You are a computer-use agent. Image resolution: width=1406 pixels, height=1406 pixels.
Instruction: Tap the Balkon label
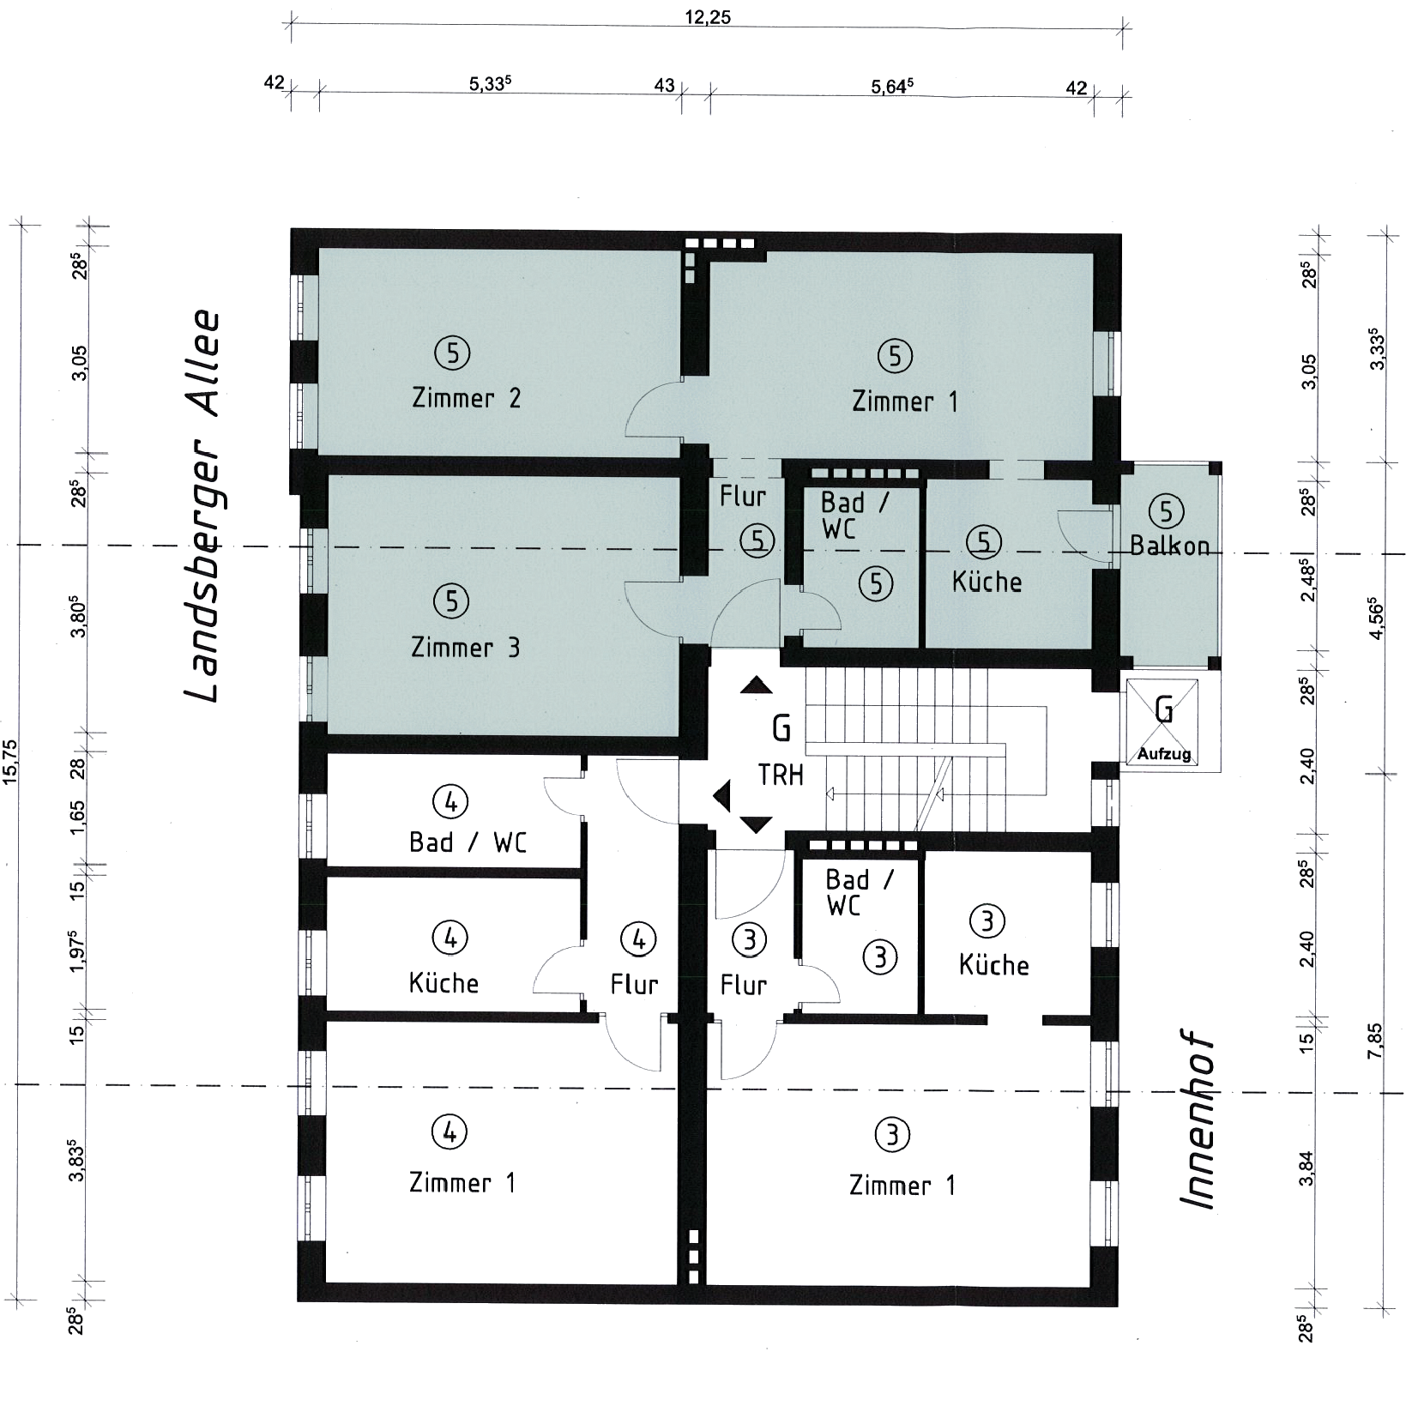point(1169,545)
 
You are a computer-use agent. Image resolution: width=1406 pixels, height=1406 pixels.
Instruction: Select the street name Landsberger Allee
point(202,506)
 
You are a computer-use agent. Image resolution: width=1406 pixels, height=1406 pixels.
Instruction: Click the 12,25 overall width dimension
point(708,17)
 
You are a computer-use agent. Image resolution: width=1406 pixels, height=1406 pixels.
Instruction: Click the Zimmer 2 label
point(466,398)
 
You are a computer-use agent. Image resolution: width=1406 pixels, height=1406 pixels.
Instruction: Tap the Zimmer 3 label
point(465,647)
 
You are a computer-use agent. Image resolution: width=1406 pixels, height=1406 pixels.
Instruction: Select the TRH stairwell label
point(781,775)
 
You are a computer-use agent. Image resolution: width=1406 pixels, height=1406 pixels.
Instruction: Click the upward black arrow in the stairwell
point(757,685)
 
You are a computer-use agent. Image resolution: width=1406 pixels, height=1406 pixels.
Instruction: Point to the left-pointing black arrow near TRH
point(721,796)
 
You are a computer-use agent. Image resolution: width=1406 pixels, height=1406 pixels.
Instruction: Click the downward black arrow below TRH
point(756,824)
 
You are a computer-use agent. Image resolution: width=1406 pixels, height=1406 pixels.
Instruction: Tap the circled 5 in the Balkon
point(1166,511)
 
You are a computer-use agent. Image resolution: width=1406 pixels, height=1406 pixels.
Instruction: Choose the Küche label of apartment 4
point(444,982)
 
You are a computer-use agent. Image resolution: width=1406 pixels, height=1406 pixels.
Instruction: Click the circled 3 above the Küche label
point(986,921)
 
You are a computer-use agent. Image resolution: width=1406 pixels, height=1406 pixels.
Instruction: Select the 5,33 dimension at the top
point(490,84)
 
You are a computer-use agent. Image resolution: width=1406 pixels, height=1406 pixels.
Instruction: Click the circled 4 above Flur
point(638,939)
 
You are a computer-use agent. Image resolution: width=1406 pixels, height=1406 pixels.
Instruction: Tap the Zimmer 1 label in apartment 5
point(904,401)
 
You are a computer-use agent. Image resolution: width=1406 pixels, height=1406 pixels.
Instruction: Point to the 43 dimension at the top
point(664,86)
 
